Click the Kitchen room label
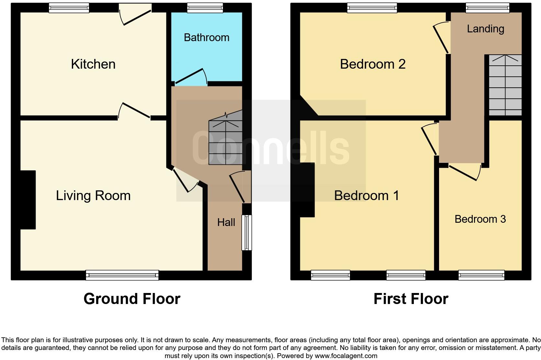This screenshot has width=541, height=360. click(93, 64)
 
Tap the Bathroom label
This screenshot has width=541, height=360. click(206, 38)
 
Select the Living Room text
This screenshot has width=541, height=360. click(93, 196)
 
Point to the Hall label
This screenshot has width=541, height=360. click(226, 222)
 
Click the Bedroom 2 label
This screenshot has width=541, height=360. click(373, 64)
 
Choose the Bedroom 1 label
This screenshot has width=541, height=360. click(366, 196)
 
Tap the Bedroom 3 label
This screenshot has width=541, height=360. click(480, 219)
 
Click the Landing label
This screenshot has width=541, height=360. click(485, 29)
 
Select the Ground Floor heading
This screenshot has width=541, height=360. click(132, 298)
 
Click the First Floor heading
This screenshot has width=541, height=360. click(411, 298)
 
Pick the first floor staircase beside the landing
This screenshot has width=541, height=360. click(505, 85)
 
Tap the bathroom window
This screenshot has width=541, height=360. click(205, 8)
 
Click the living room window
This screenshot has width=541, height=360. click(122, 275)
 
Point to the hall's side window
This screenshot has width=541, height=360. click(247, 232)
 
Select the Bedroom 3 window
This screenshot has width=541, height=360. click(481, 275)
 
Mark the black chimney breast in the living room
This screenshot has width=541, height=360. click(28, 200)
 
